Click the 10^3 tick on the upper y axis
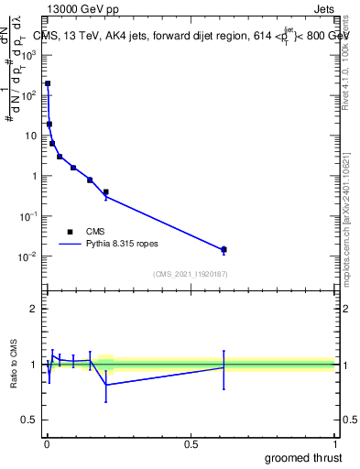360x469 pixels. click(x=30, y=54)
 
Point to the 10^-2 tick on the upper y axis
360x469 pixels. click(x=29, y=256)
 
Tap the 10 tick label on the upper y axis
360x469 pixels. click(x=32, y=136)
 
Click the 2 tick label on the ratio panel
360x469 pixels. click(x=34, y=309)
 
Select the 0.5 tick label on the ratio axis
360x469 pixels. click(x=29, y=420)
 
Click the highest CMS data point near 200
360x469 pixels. click(x=48, y=83)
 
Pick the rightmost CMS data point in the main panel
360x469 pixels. click(x=224, y=249)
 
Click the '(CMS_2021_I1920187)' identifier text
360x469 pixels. click(x=190, y=274)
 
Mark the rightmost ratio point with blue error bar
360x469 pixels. click(x=224, y=366)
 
